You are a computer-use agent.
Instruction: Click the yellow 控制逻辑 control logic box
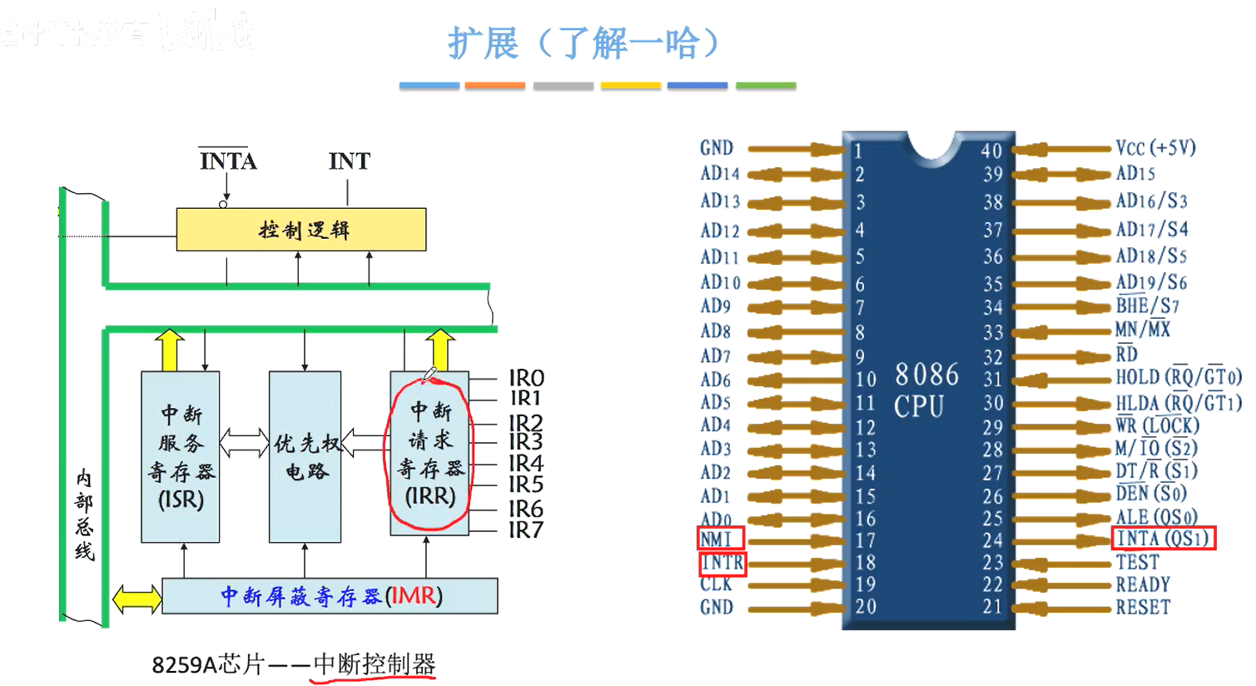tap(301, 230)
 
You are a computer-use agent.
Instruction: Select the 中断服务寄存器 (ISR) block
tap(181, 456)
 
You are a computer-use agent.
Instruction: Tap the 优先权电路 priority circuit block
tap(305, 456)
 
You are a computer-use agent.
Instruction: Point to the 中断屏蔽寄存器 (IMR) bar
tap(330, 596)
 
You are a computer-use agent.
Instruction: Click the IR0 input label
tap(526, 378)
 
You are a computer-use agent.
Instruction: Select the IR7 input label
tap(526, 529)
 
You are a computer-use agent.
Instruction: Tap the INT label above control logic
tap(349, 162)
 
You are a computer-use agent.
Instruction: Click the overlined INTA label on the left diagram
tap(228, 161)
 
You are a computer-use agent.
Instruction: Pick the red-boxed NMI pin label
tap(716, 539)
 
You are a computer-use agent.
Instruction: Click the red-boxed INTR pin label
tap(722, 564)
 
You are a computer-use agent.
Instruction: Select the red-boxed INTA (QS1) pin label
tap(1164, 539)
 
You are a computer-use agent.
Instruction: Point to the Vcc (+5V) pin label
tap(1155, 148)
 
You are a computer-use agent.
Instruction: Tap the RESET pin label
tap(1143, 608)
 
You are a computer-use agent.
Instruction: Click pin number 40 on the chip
tap(990, 151)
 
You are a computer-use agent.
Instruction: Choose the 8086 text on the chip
tap(926, 375)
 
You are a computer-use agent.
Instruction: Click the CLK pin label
tap(716, 584)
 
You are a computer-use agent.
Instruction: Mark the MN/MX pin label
tap(1142, 330)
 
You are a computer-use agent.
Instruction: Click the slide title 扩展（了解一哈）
tap(583, 43)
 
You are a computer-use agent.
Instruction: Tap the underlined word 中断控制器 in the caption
tap(374, 664)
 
